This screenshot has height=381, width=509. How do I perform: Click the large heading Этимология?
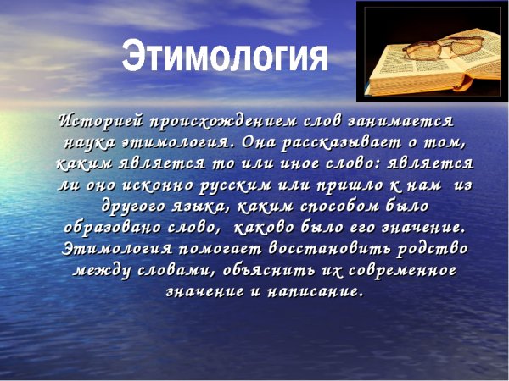(x=225, y=57)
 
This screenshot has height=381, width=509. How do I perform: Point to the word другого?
(x=135, y=206)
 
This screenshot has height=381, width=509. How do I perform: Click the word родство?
(x=432, y=250)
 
